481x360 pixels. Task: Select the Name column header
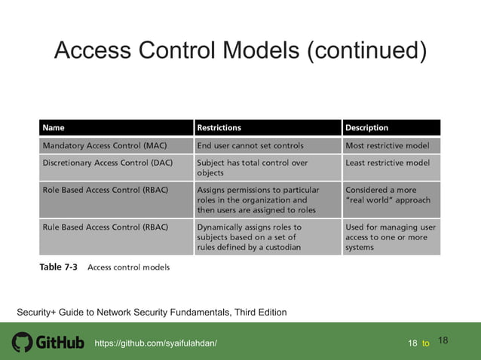pos(54,128)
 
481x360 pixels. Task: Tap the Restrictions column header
pos(219,128)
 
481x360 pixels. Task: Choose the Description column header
pos(367,128)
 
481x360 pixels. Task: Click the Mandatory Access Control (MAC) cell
pos(105,145)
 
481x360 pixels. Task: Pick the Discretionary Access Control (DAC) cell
pos(110,163)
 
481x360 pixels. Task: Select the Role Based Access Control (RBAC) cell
pos(105,190)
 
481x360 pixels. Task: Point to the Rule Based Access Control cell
pos(105,227)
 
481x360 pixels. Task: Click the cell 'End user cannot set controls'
pos(250,145)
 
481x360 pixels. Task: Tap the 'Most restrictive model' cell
pos(388,145)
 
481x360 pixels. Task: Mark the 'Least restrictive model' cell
pos(388,163)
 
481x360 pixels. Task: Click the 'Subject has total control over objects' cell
pos(252,168)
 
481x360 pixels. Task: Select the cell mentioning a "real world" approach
pos(388,195)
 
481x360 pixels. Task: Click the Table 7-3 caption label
pos(58,267)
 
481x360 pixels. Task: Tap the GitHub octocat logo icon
pos(22,343)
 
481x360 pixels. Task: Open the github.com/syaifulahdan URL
pos(155,343)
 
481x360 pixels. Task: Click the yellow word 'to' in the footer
pos(426,343)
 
